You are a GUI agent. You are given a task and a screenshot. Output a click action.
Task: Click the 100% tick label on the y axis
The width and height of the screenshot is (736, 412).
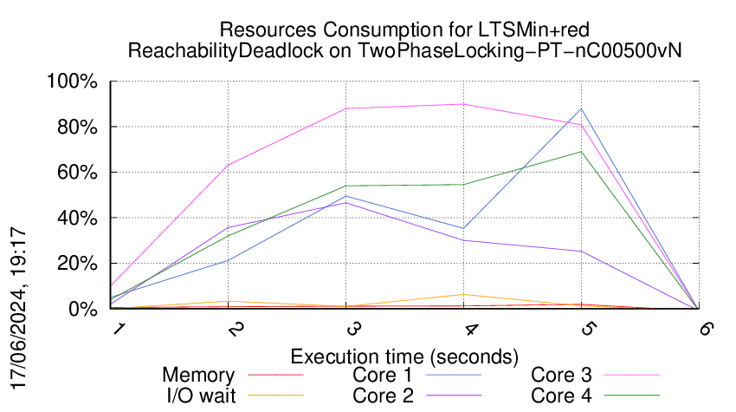click(x=74, y=82)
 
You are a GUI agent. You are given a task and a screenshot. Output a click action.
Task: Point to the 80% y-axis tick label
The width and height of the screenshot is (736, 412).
click(x=77, y=128)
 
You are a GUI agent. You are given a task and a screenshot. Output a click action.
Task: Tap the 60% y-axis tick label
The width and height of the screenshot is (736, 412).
click(x=77, y=173)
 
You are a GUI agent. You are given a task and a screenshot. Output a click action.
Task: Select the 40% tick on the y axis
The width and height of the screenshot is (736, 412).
click(x=77, y=218)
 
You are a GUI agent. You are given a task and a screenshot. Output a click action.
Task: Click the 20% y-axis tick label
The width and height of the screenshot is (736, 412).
click(x=77, y=264)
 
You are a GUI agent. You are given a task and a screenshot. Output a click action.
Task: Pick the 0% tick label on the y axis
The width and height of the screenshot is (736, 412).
click(x=82, y=309)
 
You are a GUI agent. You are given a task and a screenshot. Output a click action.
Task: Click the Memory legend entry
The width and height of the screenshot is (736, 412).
click(x=198, y=376)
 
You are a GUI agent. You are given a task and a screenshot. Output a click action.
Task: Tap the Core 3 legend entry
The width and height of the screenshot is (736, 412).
click(x=561, y=376)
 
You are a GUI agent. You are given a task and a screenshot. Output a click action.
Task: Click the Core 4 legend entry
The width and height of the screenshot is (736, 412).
click(x=561, y=395)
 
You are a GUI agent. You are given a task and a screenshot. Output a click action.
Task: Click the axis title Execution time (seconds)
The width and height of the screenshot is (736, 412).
click(x=404, y=356)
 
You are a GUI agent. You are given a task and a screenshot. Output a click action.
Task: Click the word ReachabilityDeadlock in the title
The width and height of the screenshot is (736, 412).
click(x=224, y=50)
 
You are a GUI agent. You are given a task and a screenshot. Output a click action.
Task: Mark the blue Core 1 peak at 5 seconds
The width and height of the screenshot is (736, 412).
click(x=582, y=108)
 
